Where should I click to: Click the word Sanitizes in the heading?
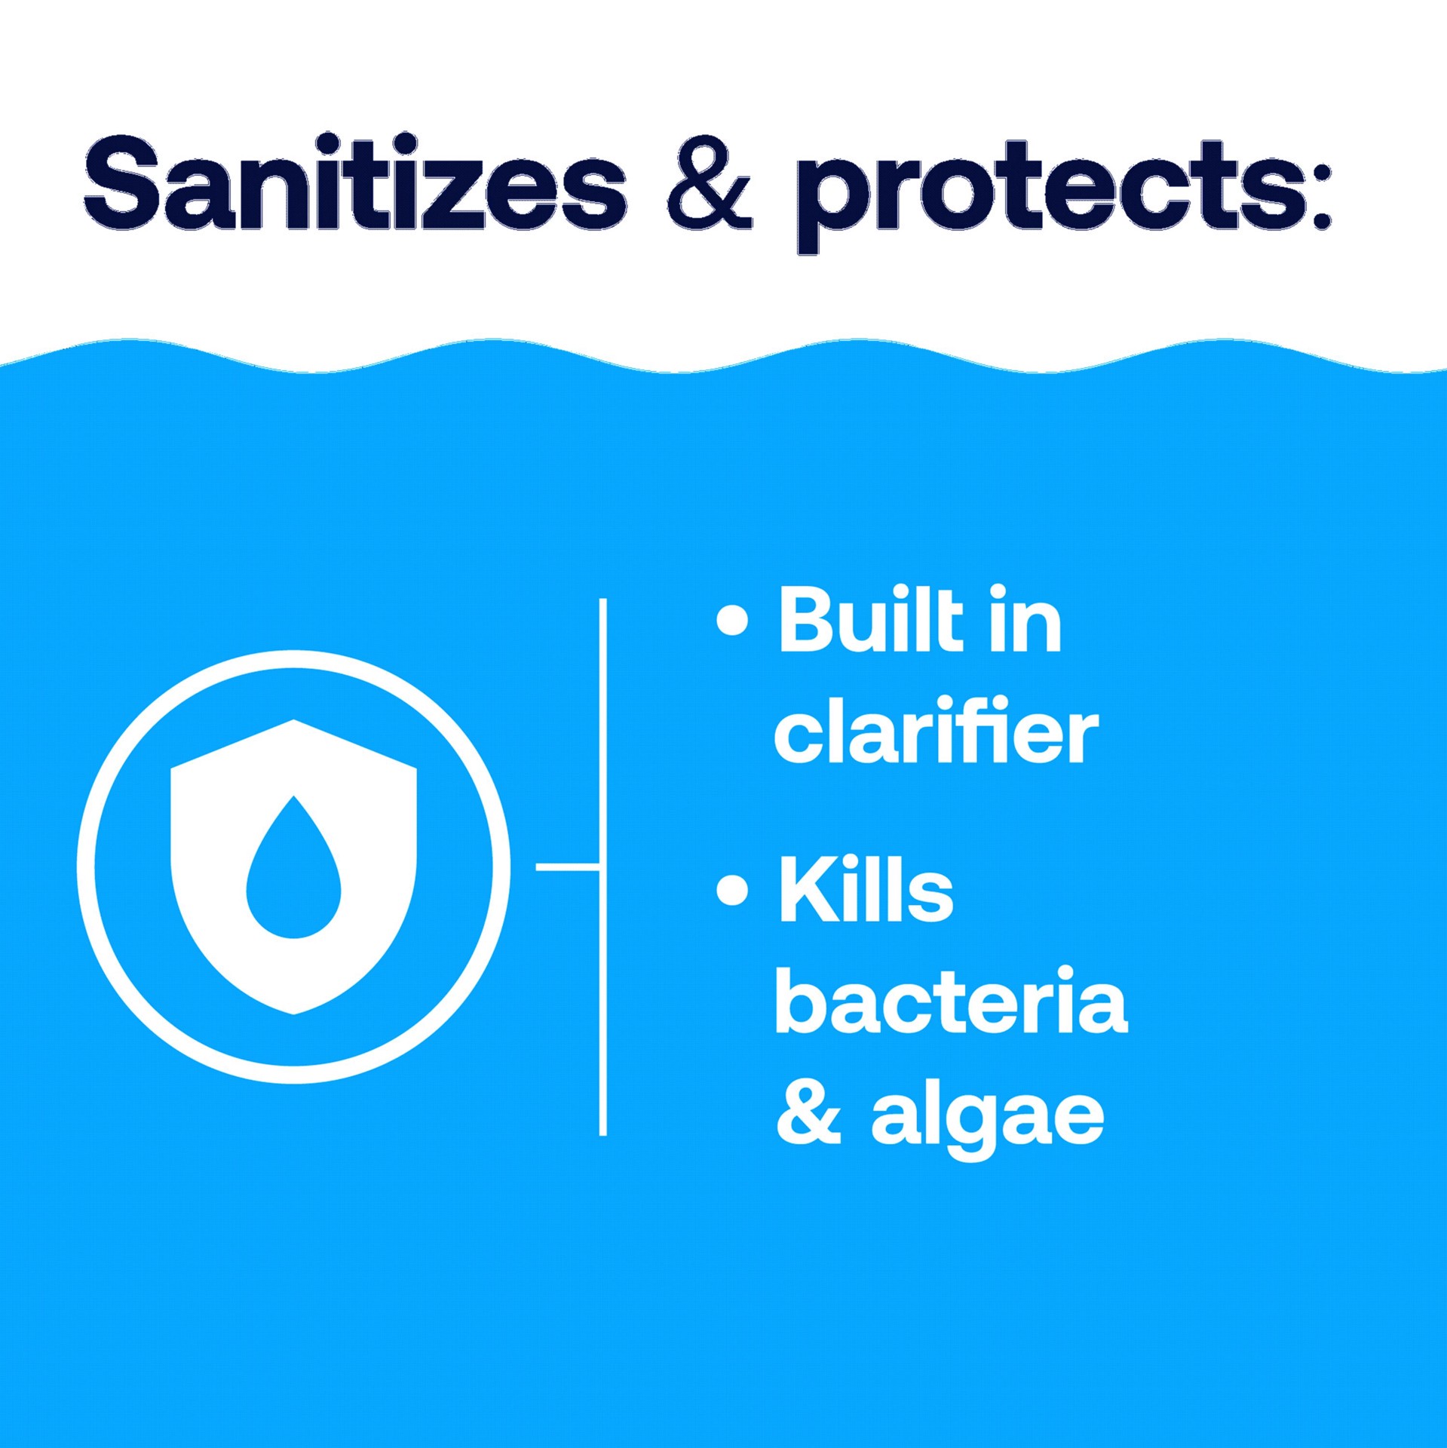pos(354,185)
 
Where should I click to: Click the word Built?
pos(871,622)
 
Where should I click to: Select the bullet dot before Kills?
pos(732,890)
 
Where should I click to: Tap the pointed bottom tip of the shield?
pos(294,1011)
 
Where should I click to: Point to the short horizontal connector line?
pos(567,867)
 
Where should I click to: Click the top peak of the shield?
pos(294,722)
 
